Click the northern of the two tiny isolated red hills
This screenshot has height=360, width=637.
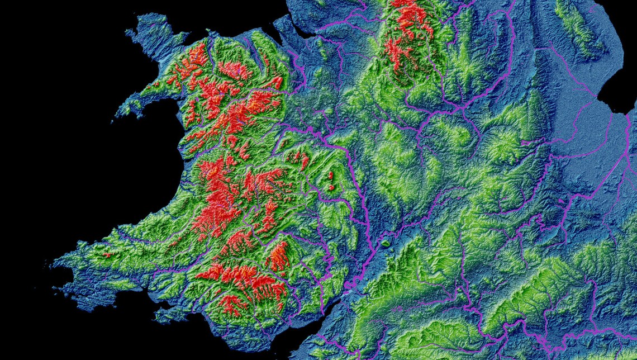coord(331,175)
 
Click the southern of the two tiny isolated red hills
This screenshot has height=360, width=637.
coord(330,186)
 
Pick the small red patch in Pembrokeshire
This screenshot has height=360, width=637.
coord(106,255)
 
